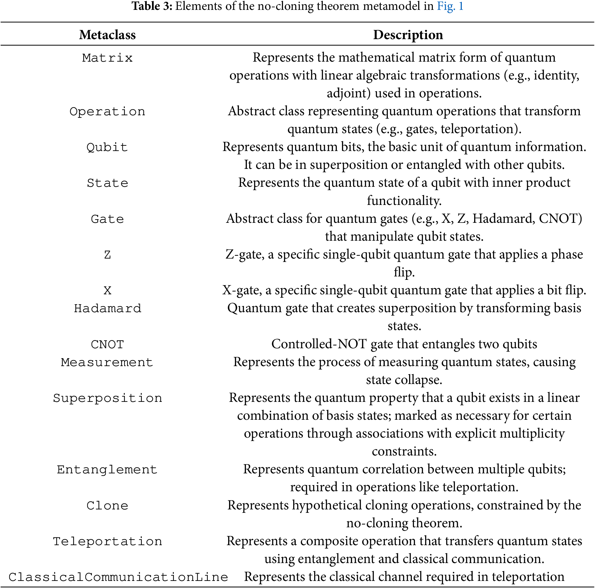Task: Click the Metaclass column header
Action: pos(107,35)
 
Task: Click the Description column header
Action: pos(408,35)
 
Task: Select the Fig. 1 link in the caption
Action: pos(450,6)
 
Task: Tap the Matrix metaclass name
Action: pos(107,58)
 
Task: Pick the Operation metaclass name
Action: pos(107,112)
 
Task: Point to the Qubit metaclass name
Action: pos(107,147)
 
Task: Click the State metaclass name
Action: pos(107,183)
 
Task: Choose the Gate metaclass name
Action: pos(107,219)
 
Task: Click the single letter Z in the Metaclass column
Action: pos(107,255)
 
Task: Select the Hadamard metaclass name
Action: pos(107,308)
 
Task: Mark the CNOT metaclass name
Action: pos(107,344)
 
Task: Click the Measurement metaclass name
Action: pos(107,362)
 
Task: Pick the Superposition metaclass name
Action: pos(107,398)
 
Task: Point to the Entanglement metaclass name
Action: pos(107,470)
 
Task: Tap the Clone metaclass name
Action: pos(107,506)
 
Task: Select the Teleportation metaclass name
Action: pos(107,541)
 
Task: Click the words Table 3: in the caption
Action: pos(152,6)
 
